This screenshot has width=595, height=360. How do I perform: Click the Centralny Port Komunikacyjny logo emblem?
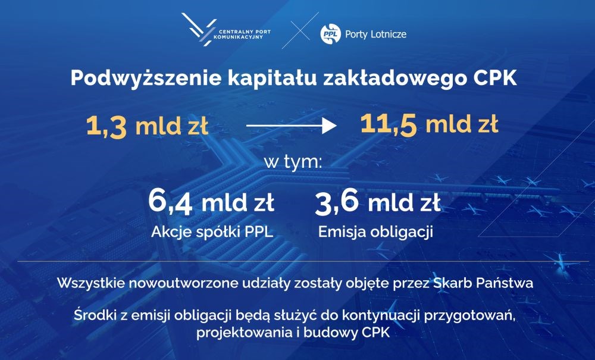[199, 30]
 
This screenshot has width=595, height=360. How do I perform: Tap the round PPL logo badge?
[330, 34]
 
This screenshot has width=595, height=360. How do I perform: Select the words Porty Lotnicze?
[375, 34]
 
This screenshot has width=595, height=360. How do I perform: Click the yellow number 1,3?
[107, 126]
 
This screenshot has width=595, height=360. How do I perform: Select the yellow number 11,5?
[389, 124]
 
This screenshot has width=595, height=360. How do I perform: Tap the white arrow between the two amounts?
[292, 126]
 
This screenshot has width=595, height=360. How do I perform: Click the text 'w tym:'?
[293, 162]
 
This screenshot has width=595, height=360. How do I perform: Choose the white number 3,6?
[337, 202]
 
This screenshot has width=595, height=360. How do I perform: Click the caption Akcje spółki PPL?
[212, 232]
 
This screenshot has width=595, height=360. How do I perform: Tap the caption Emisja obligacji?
[375, 232]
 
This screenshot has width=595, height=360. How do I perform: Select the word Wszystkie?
[91, 283]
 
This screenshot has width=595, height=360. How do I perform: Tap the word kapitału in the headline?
[273, 79]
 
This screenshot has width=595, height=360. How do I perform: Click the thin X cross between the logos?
[300, 30]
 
